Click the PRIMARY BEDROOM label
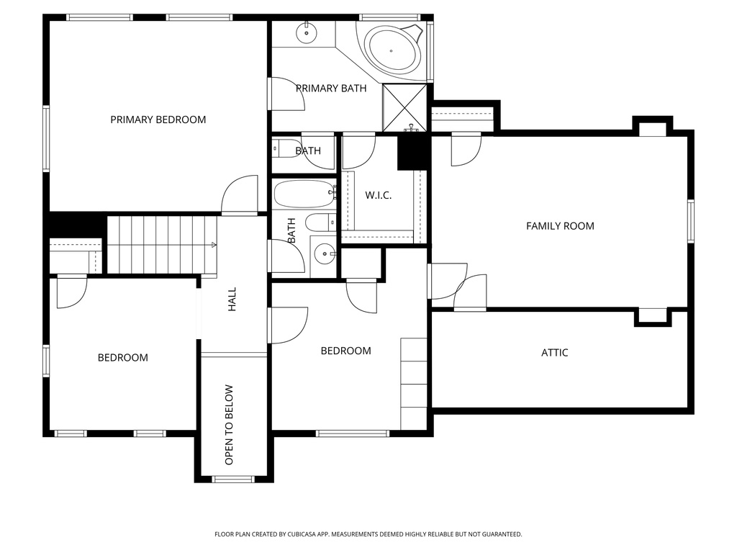(158, 120)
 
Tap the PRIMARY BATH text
(331, 89)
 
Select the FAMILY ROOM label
(560, 226)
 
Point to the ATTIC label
(554, 353)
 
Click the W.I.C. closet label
(378, 196)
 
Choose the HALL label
(232, 300)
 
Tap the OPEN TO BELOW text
(229, 425)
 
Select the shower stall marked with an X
(404, 108)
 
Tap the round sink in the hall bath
(325, 253)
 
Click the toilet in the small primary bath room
(286, 150)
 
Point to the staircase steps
(162, 245)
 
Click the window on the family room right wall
(689, 221)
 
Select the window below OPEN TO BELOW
(233, 479)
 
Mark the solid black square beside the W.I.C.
(412, 153)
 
